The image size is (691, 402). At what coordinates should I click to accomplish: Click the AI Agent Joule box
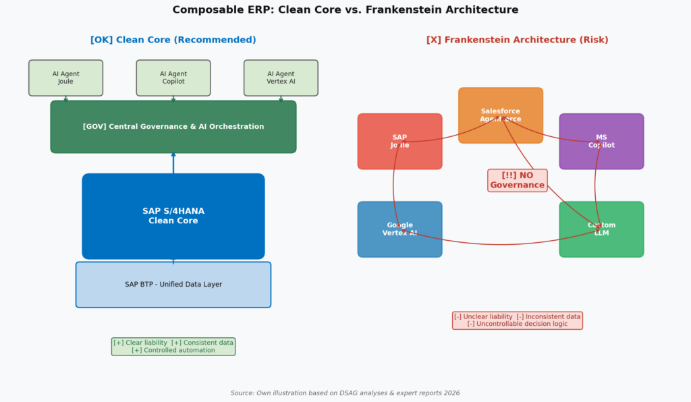tap(65, 78)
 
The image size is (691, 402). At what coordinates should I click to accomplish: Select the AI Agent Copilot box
tap(173, 78)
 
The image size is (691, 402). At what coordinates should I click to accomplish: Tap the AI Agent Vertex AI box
tap(281, 78)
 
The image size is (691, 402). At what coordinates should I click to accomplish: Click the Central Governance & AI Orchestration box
tap(173, 127)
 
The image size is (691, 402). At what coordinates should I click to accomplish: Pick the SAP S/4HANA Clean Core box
tap(173, 216)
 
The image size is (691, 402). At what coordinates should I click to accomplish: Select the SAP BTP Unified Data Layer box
tap(173, 285)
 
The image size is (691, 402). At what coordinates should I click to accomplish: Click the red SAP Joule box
tap(399, 141)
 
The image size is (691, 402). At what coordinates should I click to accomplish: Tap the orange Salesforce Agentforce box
tap(501, 115)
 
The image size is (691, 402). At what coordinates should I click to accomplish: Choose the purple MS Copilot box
tap(601, 141)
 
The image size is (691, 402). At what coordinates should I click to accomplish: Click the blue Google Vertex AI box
tap(399, 229)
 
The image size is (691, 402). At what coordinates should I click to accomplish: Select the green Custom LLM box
tap(601, 229)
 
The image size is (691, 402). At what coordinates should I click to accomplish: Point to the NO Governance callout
tap(517, 180)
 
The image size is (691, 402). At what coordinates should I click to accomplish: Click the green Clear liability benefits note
tap(173, 346)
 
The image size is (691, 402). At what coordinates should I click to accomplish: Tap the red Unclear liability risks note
tap(517, 320)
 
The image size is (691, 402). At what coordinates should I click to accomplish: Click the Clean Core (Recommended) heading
tap(173, 40)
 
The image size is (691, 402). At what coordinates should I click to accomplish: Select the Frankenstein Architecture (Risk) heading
tap(517, 40)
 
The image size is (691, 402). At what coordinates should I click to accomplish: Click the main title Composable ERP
tap(345, 10)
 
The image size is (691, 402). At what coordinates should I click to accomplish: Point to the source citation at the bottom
tap(345, 393)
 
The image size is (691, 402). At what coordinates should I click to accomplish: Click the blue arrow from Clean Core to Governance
tap(173, 163)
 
